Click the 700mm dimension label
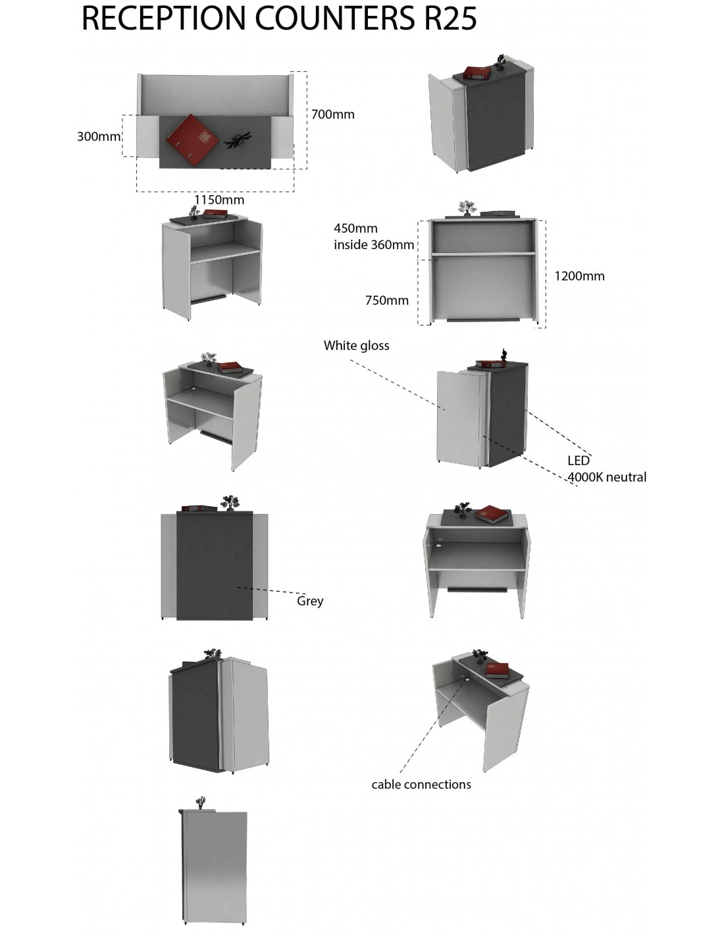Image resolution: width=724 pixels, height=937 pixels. coord(333,115)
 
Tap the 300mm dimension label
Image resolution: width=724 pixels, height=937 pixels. coord(99,137)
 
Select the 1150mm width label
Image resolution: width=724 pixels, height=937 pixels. coord(219,200)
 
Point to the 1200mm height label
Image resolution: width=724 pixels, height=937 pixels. coord(579,276)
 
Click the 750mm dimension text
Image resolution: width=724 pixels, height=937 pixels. coord(387,300)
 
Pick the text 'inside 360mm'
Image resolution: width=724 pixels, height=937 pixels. coord(374,245)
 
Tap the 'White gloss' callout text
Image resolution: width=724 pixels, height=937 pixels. coord(356,345)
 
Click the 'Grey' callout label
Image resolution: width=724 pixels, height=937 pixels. coord(310,601)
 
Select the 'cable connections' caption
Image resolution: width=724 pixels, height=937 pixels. coord(421,784)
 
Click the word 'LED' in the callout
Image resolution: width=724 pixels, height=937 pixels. coord(579,461)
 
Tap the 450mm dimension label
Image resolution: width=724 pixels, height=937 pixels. coord(355,229)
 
